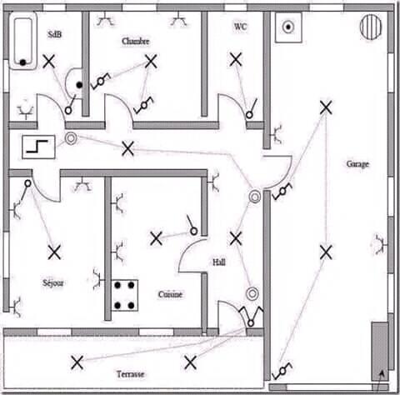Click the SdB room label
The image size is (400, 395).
click(x=55, y=34)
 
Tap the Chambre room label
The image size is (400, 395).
click(x=136, y=42)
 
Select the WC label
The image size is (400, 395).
click(x=240, y=27)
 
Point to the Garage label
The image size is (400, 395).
click(x=357, y=164)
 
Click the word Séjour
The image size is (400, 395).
click(x=53, y=282)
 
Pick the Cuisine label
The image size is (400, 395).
click(x=170, y=294)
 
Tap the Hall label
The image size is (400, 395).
click(x=219, y=262)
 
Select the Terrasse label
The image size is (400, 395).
click(x=130, y=374)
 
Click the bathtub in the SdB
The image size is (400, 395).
click(x=22, y=41)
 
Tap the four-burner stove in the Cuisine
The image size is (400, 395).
click(x=125, y=295)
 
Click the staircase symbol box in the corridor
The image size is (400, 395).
click(x=38, y=147)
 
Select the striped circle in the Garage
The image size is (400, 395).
click(x=371, y=27)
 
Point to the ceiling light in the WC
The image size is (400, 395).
click(x=236, y=59)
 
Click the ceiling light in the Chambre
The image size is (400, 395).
click(x=151, y=62)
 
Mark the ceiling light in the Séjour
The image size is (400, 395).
click(x=54, y=252)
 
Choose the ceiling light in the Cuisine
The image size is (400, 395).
click(x=156, y=238)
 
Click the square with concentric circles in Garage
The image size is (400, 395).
click(x=288, y=27)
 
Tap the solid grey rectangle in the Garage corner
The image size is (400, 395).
click(x=380, y=351)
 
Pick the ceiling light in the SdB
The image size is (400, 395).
click(x=49, y=62)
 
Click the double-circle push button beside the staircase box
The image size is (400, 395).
click(x=71, y=138)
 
